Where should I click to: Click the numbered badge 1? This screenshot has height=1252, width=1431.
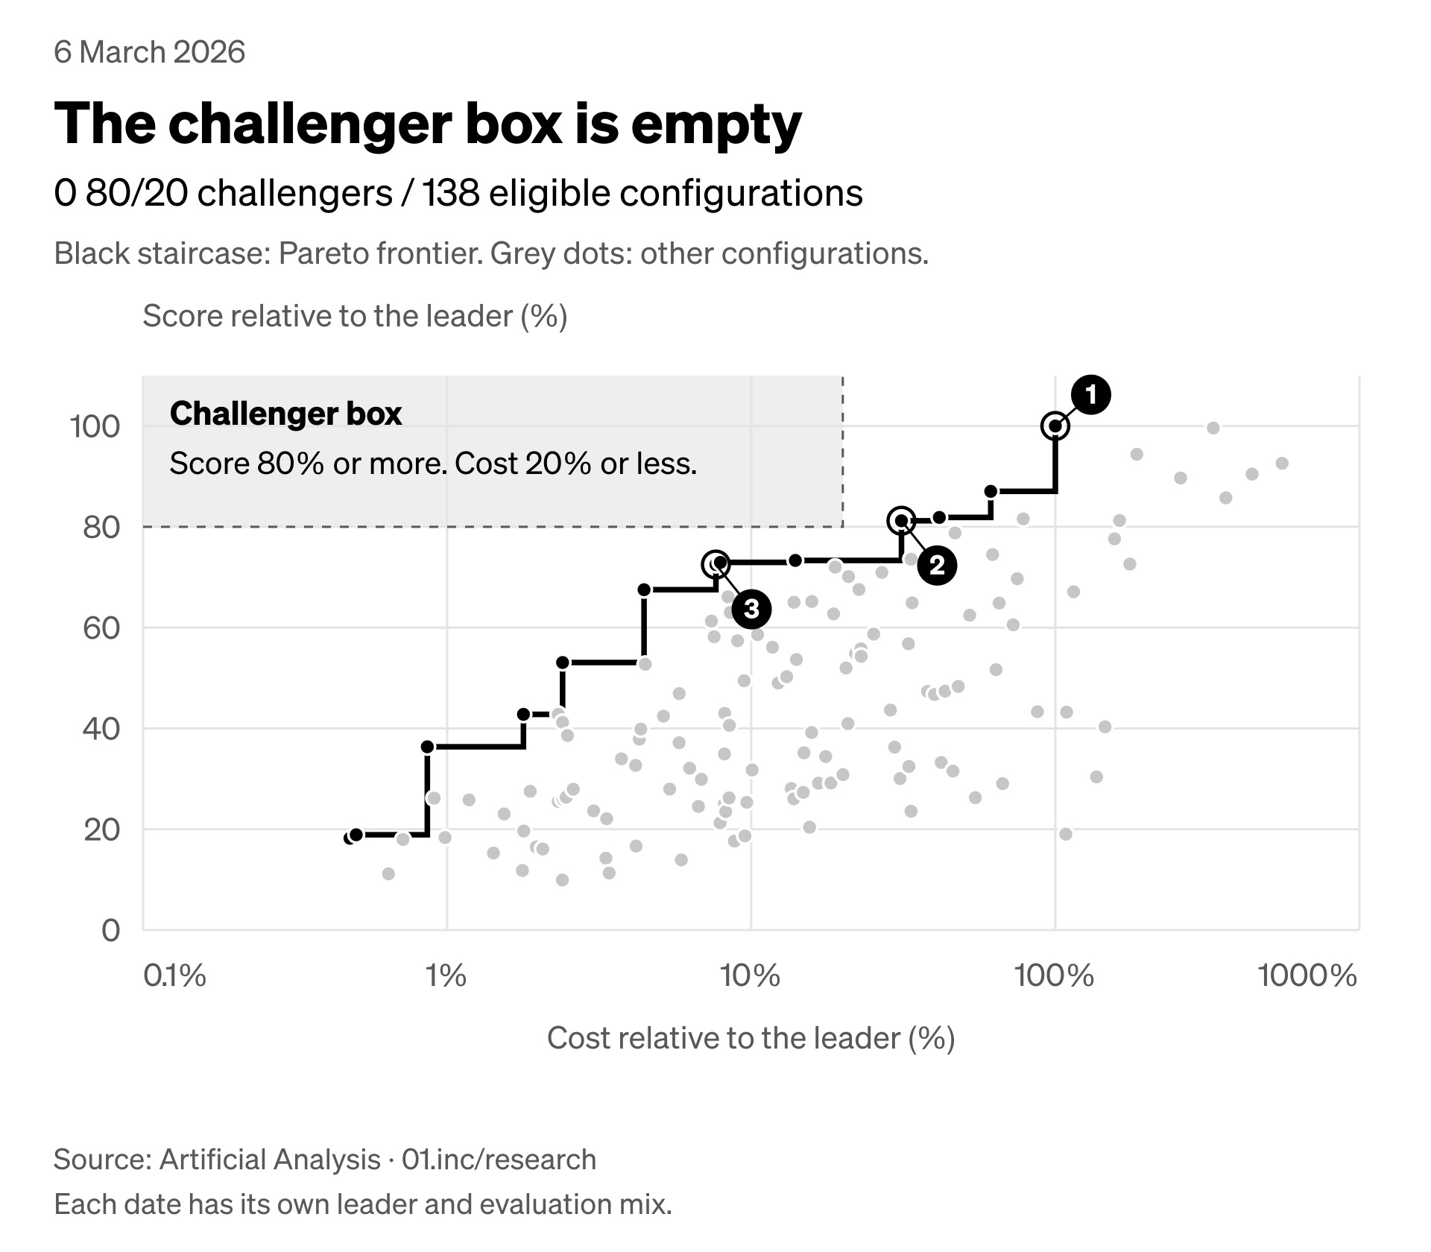[1090, 394]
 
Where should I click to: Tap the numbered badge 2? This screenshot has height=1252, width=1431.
[937, 566]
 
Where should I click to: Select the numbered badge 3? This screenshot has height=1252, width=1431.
[751, 609]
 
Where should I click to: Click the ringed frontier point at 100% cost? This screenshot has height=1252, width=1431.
[1055, 426]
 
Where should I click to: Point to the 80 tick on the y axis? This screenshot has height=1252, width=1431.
[101, 528]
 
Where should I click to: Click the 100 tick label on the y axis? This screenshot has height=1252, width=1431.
[95, 427]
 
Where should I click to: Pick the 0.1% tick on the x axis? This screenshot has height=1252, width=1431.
[174, 976]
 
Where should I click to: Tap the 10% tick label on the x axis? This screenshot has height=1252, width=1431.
[751, 976]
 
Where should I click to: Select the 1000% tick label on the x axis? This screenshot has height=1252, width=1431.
[1307, 976]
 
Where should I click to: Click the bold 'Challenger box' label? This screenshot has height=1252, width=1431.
[286, 414]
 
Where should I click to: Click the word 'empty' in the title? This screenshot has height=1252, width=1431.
[716, 124]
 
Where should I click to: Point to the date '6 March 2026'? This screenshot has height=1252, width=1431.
[150, 52]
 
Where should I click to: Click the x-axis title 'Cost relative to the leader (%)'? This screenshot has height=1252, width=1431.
[751, 1038]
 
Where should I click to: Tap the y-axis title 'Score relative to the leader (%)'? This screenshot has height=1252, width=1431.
[355, 316]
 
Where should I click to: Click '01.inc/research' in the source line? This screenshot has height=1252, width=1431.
[499, 1160]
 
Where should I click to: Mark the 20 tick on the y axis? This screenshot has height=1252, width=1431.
[101, 829]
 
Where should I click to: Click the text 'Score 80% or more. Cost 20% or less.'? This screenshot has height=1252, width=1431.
[434, 464]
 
